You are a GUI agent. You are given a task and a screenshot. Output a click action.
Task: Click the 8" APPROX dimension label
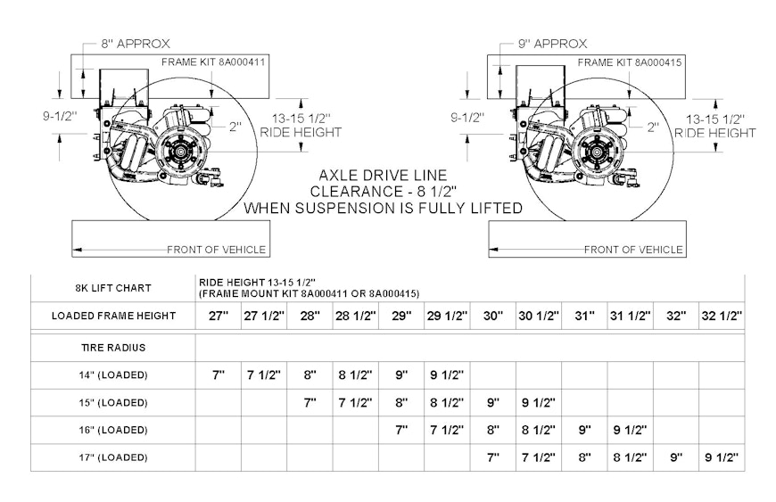click(x=125, y=43)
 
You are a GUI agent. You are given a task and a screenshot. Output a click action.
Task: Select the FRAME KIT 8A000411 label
click(x=214, y=62)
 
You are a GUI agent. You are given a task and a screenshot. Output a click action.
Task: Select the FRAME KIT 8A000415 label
click(x=631, y=62)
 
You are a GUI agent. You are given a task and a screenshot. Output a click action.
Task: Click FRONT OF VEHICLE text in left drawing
click(x=217, y=250)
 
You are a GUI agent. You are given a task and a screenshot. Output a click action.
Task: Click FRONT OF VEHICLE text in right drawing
click(x=634, y=250)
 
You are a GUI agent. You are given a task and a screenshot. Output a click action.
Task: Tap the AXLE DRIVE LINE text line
click(x=383, y=176)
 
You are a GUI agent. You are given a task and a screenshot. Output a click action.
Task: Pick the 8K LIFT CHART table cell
click(x=112, y=288)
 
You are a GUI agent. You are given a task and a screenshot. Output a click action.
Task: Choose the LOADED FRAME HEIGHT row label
click(x=112, y=316)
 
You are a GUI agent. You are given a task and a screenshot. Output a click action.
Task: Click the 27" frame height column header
click(x=218, y=316)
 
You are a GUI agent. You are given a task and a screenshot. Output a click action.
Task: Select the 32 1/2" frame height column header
click(x=722, y=316)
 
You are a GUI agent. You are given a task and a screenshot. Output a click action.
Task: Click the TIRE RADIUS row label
click(x=112, y=347)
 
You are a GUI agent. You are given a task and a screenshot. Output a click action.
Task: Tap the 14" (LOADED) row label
click(x=112, y=374)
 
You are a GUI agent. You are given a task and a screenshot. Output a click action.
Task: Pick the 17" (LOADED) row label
click(x=112, y=457)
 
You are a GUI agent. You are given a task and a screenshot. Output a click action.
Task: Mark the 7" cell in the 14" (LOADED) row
click(x=218, y=374)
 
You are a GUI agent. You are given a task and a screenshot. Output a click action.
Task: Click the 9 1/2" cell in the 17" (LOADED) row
click(x=722, y=457)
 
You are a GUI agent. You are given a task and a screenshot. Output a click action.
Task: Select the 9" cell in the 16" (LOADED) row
click(x=584, y=430)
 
